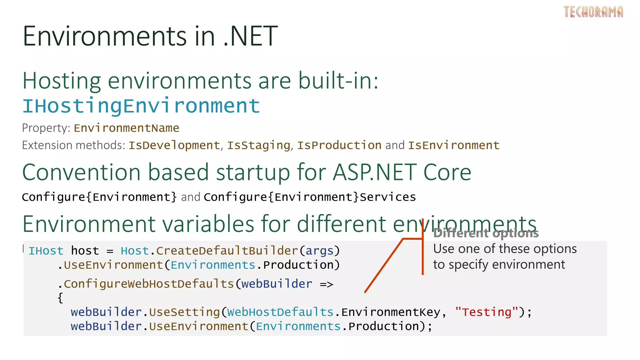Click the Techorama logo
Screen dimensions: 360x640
pos(593,12)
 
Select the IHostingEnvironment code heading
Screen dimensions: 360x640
pos(141,106)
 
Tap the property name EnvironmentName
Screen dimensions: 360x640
pos(126,128)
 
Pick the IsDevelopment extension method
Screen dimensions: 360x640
pos(174,145)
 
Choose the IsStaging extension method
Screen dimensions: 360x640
pos(258,145)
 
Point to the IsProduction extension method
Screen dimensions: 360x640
pos(339,145)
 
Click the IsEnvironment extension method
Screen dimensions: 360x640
pos(454,145)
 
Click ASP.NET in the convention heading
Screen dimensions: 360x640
pos(374,172)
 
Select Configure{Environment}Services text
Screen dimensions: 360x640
pos(310,197)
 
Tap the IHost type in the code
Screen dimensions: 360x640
pos(46,251)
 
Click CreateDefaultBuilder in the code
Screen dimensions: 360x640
pos(227,251)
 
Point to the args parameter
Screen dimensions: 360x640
pos(319,251)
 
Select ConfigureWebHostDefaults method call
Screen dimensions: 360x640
pos(149,284)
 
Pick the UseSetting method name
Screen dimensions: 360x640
pos(184,312)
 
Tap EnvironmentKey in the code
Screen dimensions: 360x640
pos(391,312)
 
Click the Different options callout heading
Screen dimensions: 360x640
pos(486,233)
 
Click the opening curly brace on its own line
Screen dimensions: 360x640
pos(60,297)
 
